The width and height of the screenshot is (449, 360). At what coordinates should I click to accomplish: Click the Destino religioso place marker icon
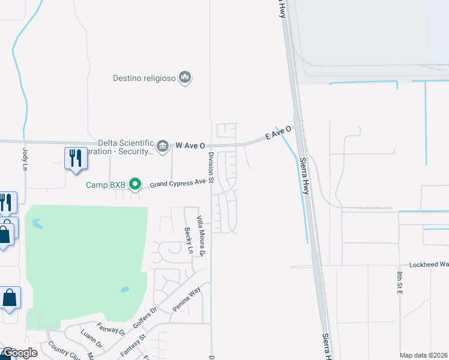point(185,78)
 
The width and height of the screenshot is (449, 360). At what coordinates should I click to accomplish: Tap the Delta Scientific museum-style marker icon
point(163,146)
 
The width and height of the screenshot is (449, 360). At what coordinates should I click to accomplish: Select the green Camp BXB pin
point(136,184)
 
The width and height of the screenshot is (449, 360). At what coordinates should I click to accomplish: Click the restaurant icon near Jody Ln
point(76,158)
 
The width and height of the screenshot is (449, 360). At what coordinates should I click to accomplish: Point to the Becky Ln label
point(188,241)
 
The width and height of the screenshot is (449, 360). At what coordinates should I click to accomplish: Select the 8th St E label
point(399,282)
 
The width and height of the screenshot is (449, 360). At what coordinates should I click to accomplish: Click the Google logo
point(19,353)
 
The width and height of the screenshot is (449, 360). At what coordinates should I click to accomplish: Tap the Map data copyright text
point(423,355)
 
